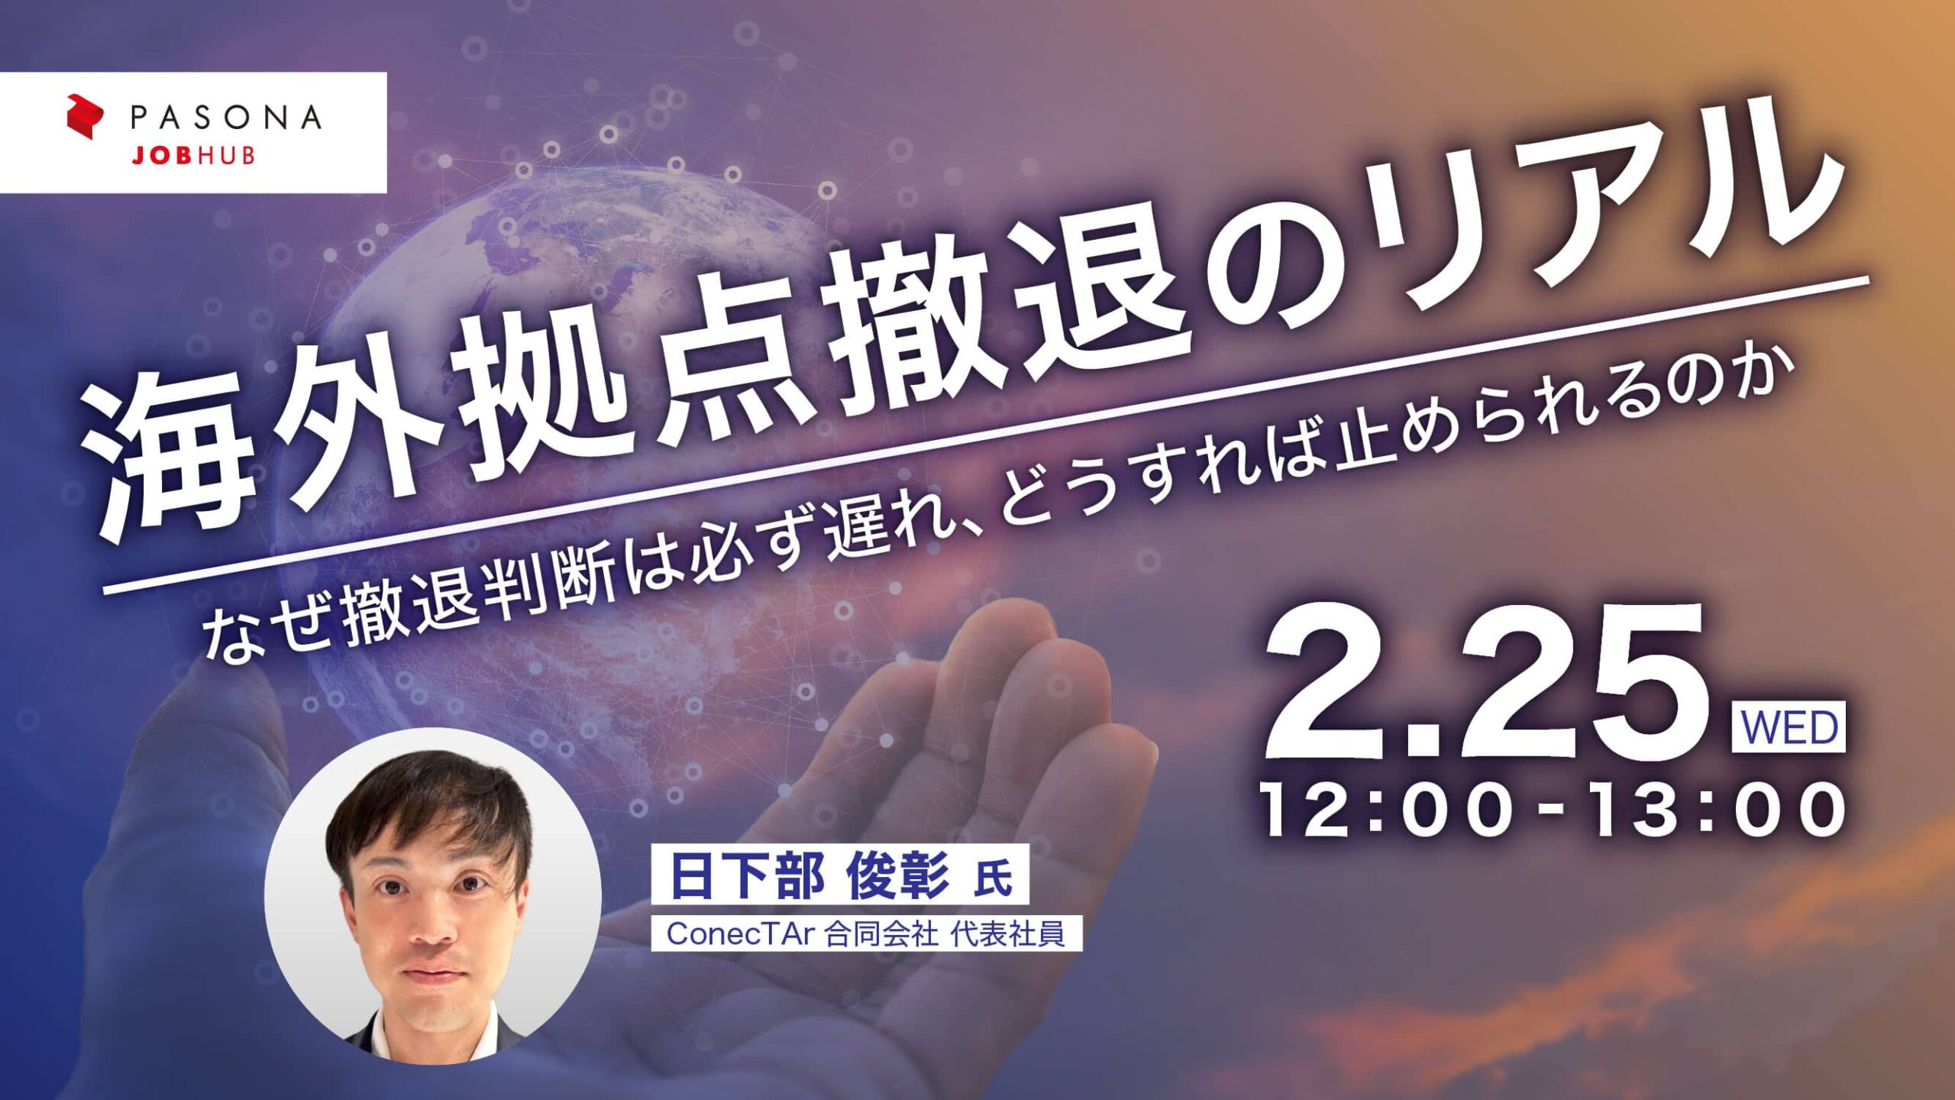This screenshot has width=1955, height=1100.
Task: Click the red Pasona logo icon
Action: point(84,116)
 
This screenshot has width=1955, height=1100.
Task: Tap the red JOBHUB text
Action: point(193,156)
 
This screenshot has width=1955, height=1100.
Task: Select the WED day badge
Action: point(1789,727)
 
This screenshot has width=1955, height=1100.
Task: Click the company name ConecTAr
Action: point(737,933)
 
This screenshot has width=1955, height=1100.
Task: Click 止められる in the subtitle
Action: point(1451,428)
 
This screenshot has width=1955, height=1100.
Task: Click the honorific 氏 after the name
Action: point(994,878)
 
